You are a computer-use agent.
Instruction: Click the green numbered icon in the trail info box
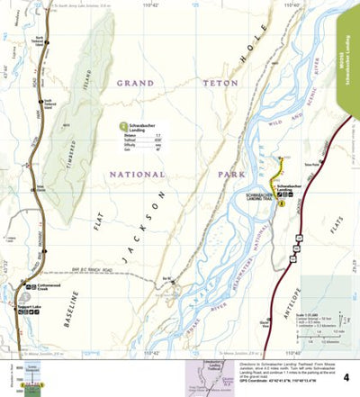point(124,127)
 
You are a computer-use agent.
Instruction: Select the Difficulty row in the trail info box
point(139,146)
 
